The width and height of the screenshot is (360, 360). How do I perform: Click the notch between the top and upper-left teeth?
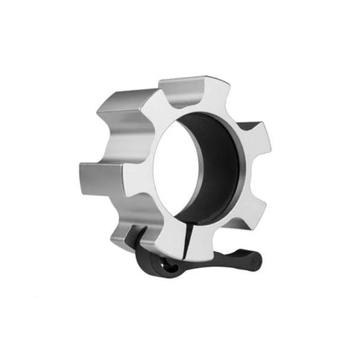tap(159, 96)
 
